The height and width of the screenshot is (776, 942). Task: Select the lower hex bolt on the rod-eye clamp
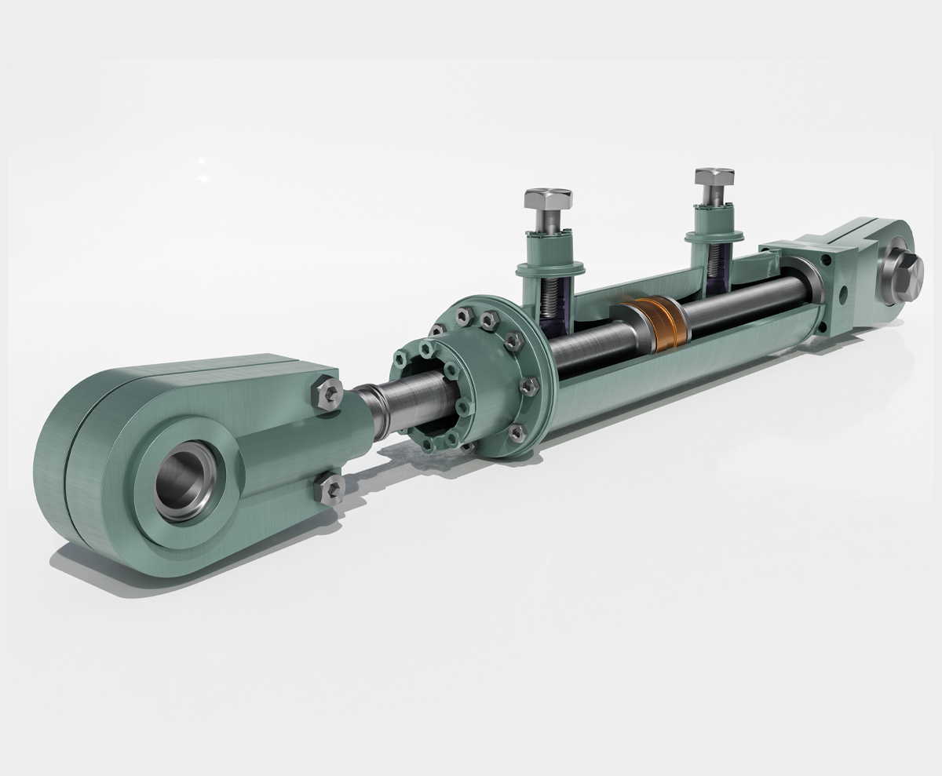pyautogui.click(x=330, y=489)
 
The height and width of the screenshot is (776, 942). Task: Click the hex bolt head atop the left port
pyautogui.click(x=547, y=201)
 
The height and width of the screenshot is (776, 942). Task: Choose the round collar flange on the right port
pyautogui.click(x=714, y=236)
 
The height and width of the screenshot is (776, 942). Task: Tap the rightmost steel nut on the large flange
pyautogui.click(x=530, y=384)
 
